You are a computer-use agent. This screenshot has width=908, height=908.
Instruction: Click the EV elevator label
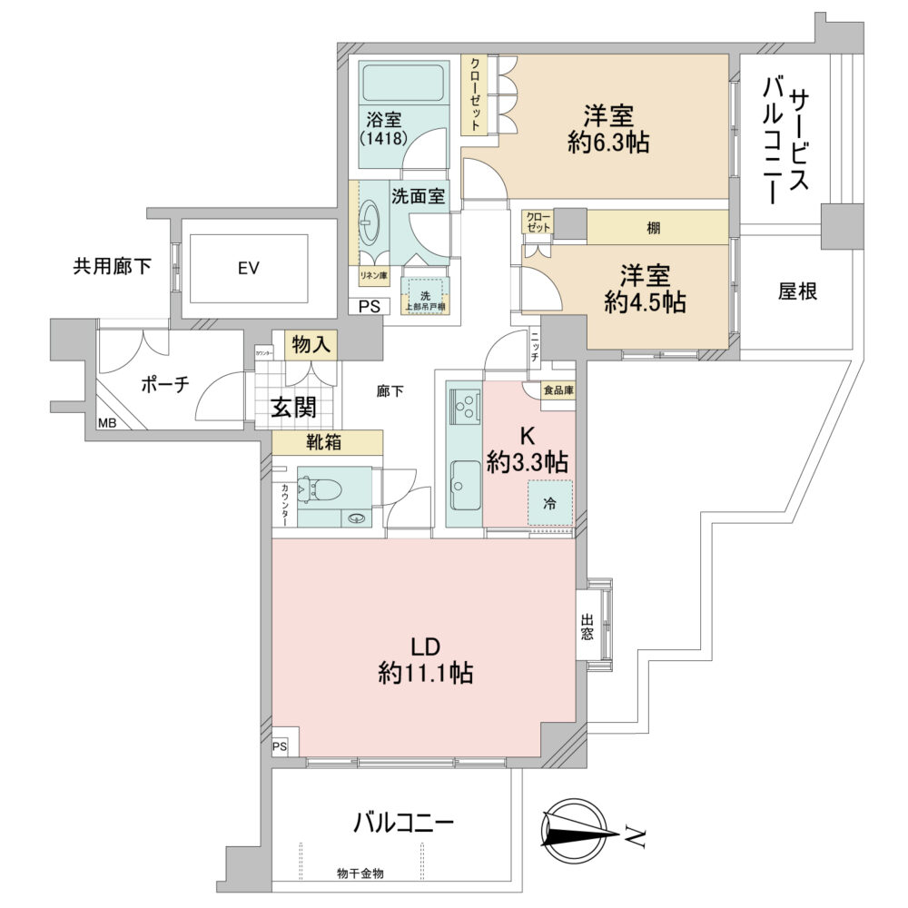pyautogui.click(x=249, y=268)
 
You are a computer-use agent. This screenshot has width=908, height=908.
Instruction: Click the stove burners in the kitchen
pyautogui.click(x=465, y=403)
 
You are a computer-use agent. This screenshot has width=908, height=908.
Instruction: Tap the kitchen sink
pyautogui.click(x=466, y=481)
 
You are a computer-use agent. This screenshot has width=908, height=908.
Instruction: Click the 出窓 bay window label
pyautogui.click(x=587, y=627)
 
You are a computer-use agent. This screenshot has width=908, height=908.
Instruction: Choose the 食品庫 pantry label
pyautogui.click(x=558, y=390)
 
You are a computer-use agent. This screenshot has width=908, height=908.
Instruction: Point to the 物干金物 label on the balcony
pyautogui.click(x=360, y=873)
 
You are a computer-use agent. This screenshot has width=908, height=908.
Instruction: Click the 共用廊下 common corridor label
pyautogui.click(x=113, y=267)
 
